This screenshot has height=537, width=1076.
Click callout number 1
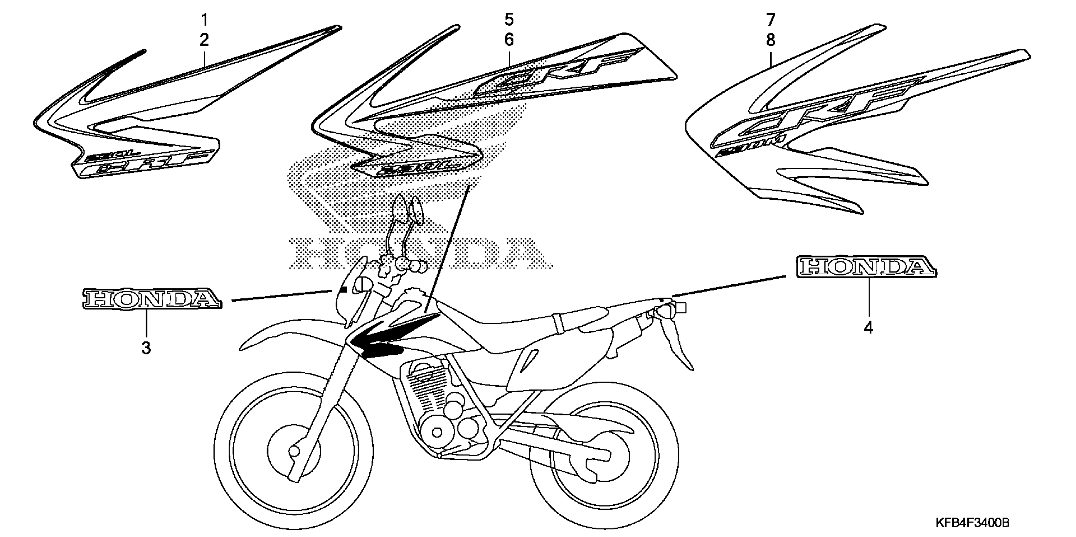204,19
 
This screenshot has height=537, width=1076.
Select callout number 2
204,40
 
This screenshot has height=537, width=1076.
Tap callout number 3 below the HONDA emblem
146,347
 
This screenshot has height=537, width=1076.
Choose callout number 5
509,19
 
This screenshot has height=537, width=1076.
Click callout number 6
509,40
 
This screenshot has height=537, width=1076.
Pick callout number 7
771,19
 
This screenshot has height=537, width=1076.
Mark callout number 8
771,40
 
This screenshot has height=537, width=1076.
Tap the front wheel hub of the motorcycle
294,451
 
